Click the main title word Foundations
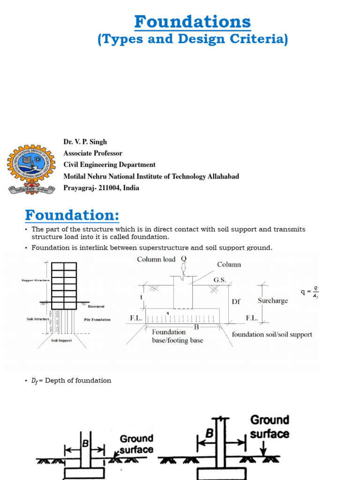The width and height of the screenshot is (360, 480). (193, 22)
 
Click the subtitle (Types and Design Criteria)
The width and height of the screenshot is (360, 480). (193, 40)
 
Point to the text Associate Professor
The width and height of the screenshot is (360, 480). (93, 153)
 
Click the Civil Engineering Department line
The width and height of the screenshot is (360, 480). (110, 165)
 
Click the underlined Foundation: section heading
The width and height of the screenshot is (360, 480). (72, 216)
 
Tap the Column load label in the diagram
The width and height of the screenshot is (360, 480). (156, 259)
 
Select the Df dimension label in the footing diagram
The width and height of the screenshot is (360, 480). (236, 301)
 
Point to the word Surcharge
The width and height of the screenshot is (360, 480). (273, 300)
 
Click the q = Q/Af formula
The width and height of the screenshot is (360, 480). (310, 293)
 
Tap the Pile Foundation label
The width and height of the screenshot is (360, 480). (97, 320)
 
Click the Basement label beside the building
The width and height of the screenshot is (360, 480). (96, 307)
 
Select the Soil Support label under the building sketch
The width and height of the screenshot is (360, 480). (61, 341)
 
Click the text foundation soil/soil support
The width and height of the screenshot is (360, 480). (272, 335)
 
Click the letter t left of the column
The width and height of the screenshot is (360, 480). (141, 297)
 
